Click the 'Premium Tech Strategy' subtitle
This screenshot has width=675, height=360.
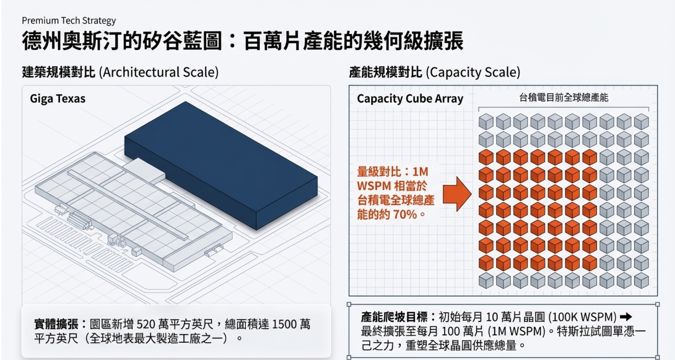69,21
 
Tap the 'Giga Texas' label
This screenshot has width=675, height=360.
57,99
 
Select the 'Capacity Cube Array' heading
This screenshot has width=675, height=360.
410,99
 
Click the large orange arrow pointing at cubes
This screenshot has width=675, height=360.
457,194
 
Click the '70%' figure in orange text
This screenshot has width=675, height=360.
405,214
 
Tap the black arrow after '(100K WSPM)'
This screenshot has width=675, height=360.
626,317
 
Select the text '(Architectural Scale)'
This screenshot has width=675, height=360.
159,72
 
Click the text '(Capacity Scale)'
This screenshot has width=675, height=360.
473,72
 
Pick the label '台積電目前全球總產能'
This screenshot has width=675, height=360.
563,98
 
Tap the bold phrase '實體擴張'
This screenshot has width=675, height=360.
56,324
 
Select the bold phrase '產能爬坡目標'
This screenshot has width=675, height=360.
394,317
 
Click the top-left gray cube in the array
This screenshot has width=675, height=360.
486,122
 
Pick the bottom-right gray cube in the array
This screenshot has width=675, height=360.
641,281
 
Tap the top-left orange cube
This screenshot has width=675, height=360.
486,157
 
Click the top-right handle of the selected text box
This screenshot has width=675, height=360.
657,304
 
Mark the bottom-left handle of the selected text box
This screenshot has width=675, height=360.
349,357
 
